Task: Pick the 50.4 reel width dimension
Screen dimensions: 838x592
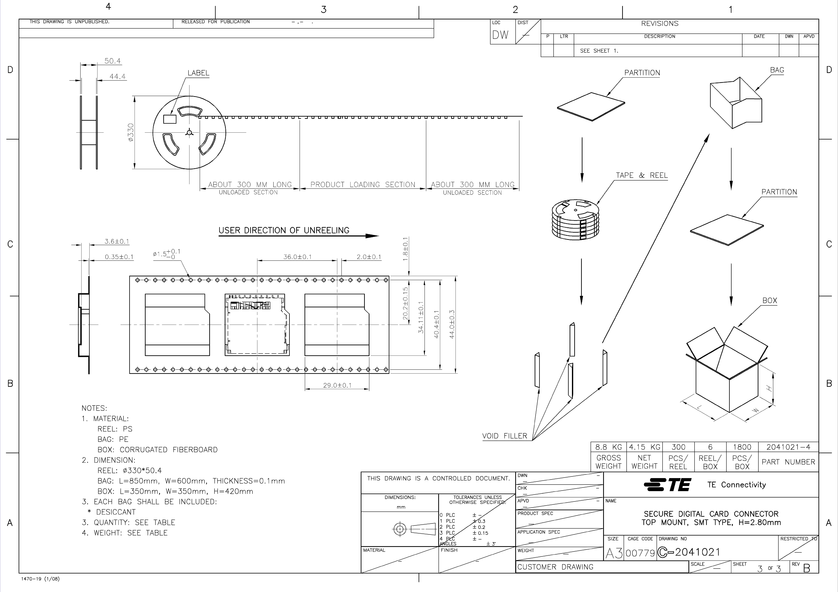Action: [x=112, y=61]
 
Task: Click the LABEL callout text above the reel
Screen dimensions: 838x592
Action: [x=198, y=73]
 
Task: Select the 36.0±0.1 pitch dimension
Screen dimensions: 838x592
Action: [x=297, y=257]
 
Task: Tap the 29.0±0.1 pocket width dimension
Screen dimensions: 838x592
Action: [x=337, y=385]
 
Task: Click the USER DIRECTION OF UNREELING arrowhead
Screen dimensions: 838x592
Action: [x=372, y=236]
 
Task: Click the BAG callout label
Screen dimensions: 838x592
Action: [x=777, y=70]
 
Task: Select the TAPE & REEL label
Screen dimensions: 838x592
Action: [x=642, y=175]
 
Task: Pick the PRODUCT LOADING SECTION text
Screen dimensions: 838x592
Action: [x=363, y=185]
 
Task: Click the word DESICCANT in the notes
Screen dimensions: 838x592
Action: [x=116, y=512]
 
